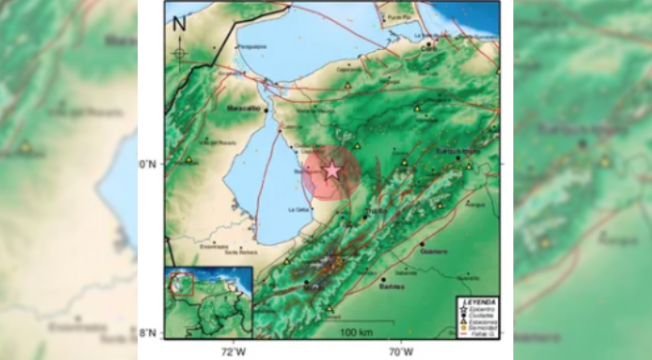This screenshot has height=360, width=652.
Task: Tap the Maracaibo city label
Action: click(244, 110)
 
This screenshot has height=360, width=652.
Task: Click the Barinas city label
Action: click(390, 286)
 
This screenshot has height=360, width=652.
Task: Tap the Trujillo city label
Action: click(376, 212)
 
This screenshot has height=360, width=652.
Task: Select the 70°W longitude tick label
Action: click(403, 349)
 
